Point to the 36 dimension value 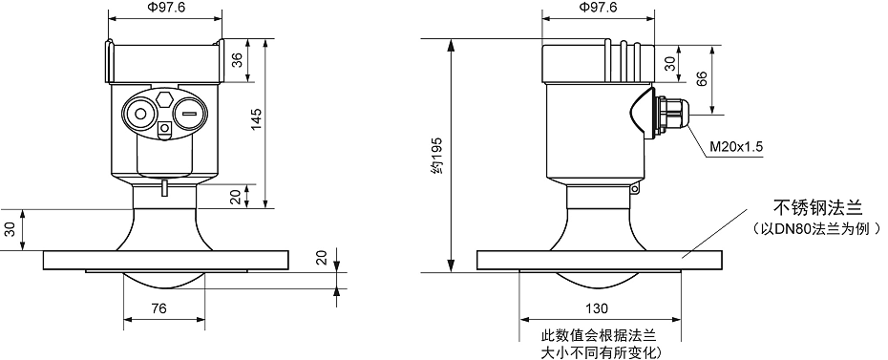[x=238, y=60]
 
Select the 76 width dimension [x=159, y=308]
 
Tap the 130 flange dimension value [x=597, y=308]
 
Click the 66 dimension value [x=702, y=78]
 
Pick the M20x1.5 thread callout [x=737, y=147]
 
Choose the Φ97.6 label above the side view [x=598, y=8]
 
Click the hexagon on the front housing [x=165, y=98]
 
